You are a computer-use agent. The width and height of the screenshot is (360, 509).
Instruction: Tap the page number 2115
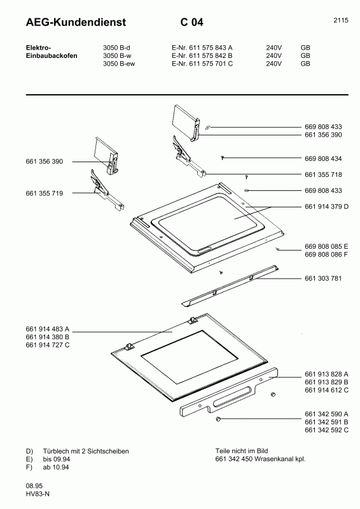[x=340, y=21]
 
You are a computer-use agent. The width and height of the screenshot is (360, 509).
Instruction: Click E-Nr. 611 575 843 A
[x=202, y=48]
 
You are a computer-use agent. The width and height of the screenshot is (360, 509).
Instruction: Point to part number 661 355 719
[x=45, y=193]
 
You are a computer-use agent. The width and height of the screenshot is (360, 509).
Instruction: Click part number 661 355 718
[x=323, y=174]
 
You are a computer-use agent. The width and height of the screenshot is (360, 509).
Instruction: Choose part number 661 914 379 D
[x=327, y=207]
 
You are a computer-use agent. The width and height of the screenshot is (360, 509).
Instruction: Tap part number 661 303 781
[x=323, y=278]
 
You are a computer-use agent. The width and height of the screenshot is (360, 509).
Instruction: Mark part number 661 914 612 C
[x=327, y=389]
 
